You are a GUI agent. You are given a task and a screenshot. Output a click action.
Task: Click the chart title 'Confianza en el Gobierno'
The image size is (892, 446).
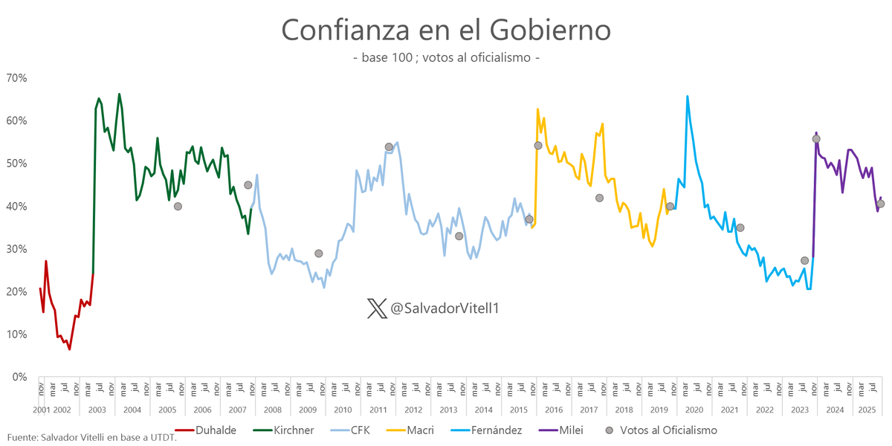coord(446,30)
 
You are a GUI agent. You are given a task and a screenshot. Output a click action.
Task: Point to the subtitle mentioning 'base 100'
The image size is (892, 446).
coord(446,58)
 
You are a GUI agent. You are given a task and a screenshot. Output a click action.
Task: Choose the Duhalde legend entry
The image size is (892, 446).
coord(216,430)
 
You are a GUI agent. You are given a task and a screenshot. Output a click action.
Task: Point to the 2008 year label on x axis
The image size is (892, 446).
coord(272,410)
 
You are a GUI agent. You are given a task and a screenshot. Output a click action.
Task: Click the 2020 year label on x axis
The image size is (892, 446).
coord(694,410)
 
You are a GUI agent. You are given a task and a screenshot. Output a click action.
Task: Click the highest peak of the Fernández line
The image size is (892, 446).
coord(687,97)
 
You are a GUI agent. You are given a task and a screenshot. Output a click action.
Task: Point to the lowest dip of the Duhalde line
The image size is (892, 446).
coord(70,349)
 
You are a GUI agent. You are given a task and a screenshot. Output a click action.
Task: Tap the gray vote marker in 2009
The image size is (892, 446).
coord(319,253)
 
